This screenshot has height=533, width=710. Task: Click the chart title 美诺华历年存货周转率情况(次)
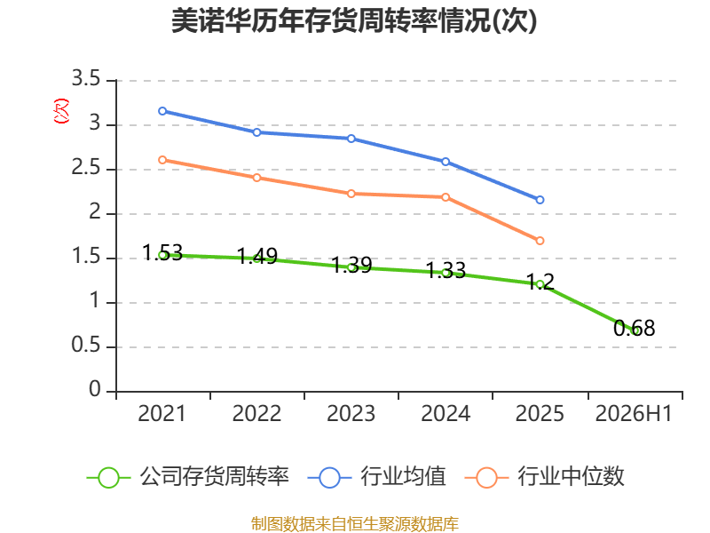(354, 20)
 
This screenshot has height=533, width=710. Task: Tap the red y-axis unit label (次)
(61, 111)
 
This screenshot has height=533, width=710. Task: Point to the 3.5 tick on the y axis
(86, 79)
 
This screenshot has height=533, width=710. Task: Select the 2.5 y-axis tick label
(86, 168)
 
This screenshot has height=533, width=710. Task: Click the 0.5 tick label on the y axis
(86, 346)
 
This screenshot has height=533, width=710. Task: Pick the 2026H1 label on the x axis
(634, 414)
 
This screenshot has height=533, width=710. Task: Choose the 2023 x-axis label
(351, 414)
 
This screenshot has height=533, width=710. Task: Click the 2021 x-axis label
(162, 414)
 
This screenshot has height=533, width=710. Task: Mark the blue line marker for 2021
(162, 111)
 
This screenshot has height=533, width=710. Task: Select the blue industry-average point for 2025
(540, 200)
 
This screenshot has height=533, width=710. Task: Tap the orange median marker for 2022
(256, 178)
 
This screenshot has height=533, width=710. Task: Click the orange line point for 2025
(540, 241)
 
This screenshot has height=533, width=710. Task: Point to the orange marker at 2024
(446, 197)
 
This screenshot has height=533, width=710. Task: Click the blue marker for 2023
(351, 139)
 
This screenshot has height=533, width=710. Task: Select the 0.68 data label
(634, 328)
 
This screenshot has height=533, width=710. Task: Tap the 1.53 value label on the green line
(162, 253)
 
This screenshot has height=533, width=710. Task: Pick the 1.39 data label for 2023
(351, 265)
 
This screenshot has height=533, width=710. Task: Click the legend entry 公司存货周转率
(188, 477)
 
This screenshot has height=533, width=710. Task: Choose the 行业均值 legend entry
(376, 477)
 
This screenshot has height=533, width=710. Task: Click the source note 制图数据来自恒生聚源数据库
(354, 523)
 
